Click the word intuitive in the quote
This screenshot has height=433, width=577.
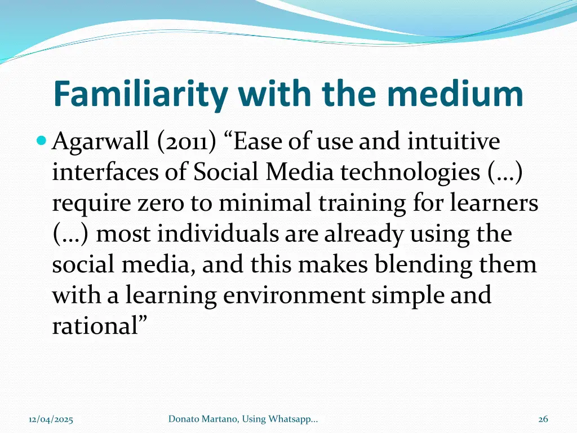[454, 142]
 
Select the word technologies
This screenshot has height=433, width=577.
[409, 173]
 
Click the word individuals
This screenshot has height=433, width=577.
[219, 234]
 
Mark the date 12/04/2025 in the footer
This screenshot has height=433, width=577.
[51, 418]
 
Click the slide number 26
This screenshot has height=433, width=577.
[543, 418]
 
